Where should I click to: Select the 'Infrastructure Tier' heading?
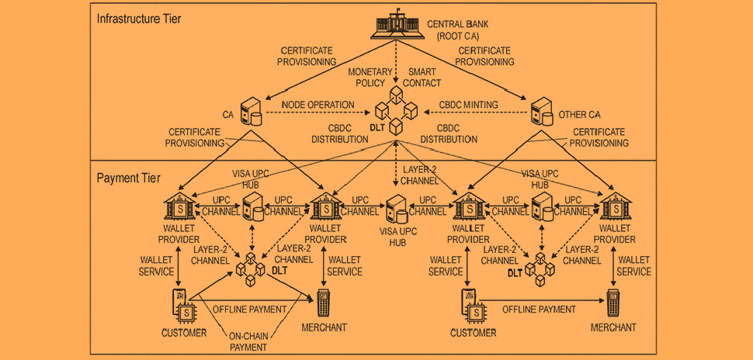pos(139,19)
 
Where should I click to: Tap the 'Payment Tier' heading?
pos(129,178)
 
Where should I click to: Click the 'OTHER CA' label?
pos(580,115)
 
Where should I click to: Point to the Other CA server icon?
pos(542,111)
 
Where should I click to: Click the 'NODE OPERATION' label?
pos(318,104)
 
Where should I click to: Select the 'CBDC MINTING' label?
pos(469,104)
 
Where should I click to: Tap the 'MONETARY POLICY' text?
pos(367,78)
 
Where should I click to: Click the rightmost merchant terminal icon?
pos(612,303)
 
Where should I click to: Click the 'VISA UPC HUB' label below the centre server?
pos(398,237)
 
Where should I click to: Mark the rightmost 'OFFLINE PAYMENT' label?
pos(539,309)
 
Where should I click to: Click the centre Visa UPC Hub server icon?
pos(397,209)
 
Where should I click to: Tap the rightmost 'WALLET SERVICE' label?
pos(634,265)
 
